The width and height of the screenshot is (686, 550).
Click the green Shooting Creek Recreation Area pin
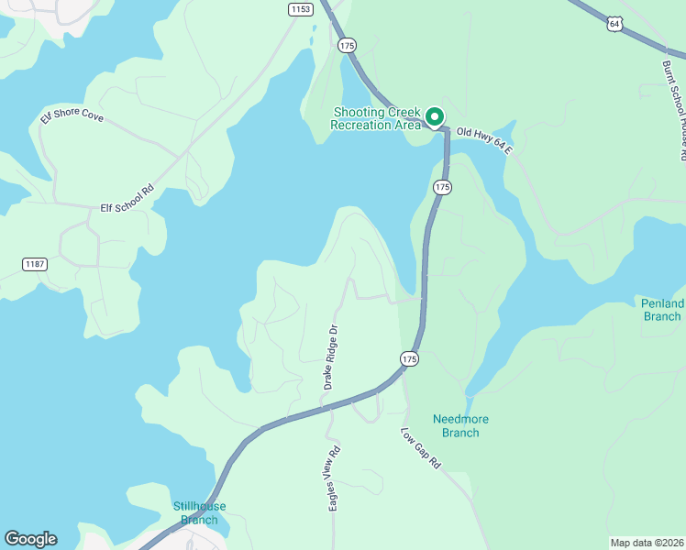(x=434, y=117)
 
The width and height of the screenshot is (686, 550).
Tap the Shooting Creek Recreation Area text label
(x=377, y=118)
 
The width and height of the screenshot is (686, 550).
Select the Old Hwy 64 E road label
(x=483, y=139)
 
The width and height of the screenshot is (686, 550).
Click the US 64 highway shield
(x=614, y=23)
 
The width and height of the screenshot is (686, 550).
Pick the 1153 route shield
(x=299, y=9)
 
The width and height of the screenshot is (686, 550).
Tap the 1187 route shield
(x=34, y=264)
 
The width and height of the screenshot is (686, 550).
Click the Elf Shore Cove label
(x=72, y=116)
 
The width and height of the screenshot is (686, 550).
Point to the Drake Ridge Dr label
(x=331, y=356)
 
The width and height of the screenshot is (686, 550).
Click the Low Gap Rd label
(x=421, y=448)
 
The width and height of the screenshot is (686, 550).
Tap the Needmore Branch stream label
(x=460, y=425)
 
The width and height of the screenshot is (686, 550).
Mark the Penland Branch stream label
(x=662, y=310)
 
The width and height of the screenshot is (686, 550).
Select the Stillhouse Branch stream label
(x=199, y=512)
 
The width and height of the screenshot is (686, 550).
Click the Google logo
(x=30, y=539)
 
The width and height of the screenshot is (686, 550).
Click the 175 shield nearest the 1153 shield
(x=346, y=45)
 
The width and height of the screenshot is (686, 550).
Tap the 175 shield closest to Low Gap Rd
(x=409, y=359)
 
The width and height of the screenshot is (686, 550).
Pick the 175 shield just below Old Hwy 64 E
(x=443, y=187)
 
